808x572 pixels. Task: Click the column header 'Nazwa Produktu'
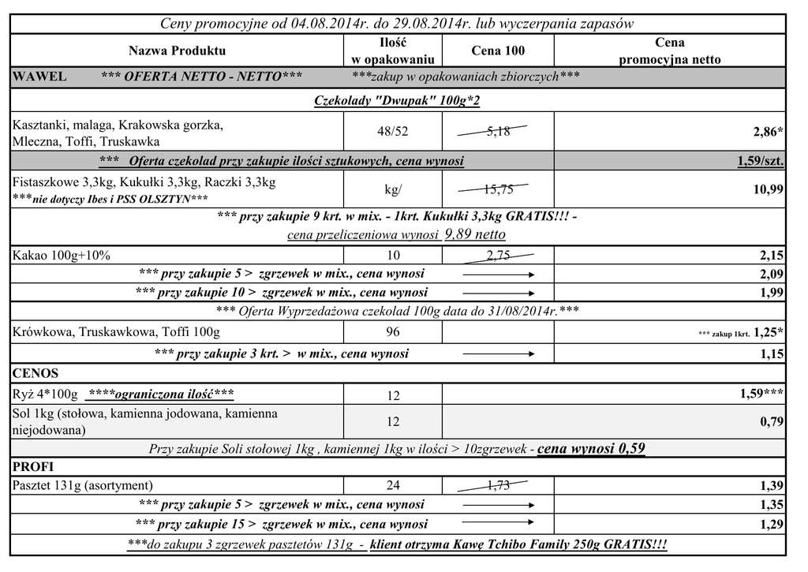coord(177,50)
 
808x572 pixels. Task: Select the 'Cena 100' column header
coord(498,50)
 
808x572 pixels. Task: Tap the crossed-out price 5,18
coord(498,132)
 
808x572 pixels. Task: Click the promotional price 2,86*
coord(768,132)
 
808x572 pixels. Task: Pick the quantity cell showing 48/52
coord(393,132)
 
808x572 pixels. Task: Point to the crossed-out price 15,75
coord(498,189)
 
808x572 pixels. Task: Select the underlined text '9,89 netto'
coord(475,234)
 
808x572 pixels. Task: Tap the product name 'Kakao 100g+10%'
coord(62,255)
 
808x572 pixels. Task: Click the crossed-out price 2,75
coord(498,255)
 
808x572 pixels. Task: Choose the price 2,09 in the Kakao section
coord(771,274)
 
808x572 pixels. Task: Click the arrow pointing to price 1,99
coord(498,293)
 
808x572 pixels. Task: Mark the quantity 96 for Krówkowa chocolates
coord(393,332)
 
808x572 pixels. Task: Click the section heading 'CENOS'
coord(36,372)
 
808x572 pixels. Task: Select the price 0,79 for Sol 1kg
coord(772,421)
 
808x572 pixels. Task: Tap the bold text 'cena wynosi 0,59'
coord(591,449)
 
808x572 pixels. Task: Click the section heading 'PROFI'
coord(34,466)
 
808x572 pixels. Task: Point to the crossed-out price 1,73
coord(498,485)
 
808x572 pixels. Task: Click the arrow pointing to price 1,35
coord(498,504)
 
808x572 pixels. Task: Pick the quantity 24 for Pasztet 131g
coord(393,485)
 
